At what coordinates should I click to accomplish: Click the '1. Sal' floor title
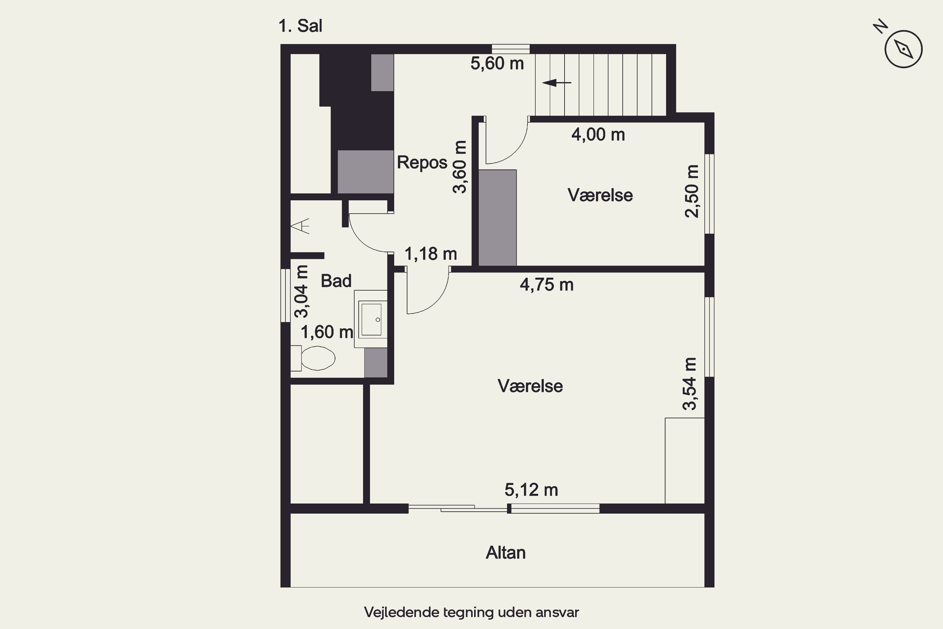click(x=300, y=26)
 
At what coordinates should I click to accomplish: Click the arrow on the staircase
click(x=557, y=83)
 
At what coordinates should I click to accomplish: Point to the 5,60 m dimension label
click(x=497, y=64)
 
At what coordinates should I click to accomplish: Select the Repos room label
click(x=422, y=163)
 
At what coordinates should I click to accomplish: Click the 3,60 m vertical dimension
click(x=460, y=167)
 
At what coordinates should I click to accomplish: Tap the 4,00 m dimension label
click(x=598, y=135)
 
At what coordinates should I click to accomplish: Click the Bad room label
click(x=336, y=281)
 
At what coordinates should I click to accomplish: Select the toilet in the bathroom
click(x=313, y=358)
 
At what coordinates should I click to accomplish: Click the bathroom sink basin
click(x=371, y=319)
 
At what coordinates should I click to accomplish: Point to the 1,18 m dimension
click(x=431, y=254)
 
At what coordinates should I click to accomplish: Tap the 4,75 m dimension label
click(x=547, y=285)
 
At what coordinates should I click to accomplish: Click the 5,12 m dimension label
click(x=531, y=490)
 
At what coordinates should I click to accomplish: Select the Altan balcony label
click(x=505, y=553)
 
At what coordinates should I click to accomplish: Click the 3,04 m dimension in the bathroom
click(x=301, y=292)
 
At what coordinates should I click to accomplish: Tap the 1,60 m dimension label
click(x=327, y=332)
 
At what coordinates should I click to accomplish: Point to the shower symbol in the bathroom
click(x=300, y=226)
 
